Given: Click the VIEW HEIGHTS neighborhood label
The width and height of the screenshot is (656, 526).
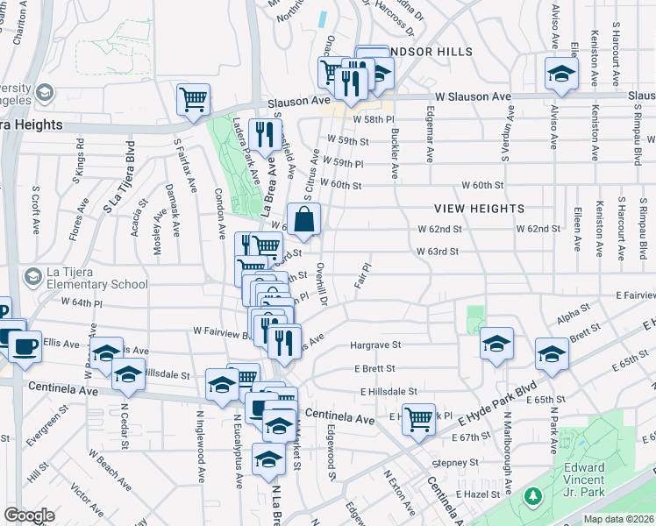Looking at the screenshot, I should (480, 208).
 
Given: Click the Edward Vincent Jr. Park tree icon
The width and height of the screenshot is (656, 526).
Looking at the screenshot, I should (532, 497).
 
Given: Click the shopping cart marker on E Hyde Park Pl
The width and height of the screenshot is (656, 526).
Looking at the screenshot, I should (419, 418).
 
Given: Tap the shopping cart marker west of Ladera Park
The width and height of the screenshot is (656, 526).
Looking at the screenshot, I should (193, 99).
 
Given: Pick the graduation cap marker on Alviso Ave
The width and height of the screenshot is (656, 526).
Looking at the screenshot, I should (561, 75).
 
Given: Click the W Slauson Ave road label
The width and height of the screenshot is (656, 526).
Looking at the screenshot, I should (473, 96).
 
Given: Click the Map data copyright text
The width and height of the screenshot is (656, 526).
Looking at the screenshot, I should (618, 519).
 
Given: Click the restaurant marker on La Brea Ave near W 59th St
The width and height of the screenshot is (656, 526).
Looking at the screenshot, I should (263, 135).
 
